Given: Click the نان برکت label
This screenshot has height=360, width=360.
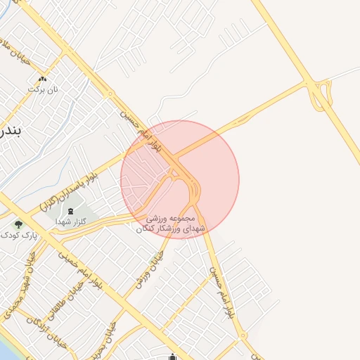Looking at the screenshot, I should click(x=41, y=89).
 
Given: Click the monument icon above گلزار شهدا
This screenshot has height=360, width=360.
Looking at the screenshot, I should click(x=70, y=212).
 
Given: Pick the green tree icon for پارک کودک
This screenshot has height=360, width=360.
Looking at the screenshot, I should click(x=18, y=225).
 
